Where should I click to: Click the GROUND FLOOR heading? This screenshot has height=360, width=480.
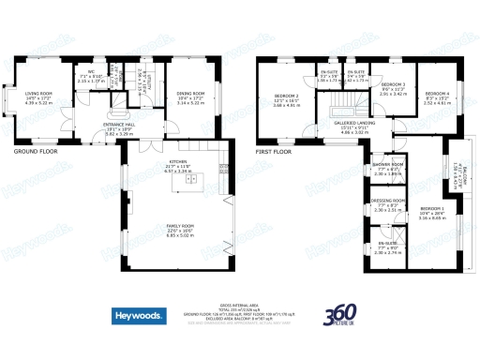click(36, 151)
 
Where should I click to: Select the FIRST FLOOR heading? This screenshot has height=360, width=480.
click(274, 151)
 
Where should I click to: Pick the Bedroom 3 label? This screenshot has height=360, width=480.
click(393, 88)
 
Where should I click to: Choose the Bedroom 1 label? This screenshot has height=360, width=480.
click(432, 213)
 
